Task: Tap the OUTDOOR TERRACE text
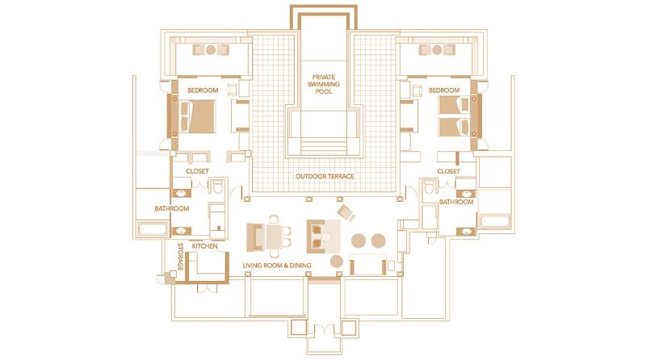(324, 177)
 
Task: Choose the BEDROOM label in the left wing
(202, 90)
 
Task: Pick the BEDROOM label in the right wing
(444, 90)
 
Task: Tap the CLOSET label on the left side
(198, 172)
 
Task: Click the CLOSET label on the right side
(448, 172)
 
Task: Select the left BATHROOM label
(172, 209)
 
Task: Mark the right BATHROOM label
(456, 202)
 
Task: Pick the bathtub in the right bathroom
(493, 223)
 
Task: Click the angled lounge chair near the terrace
(346, 212)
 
